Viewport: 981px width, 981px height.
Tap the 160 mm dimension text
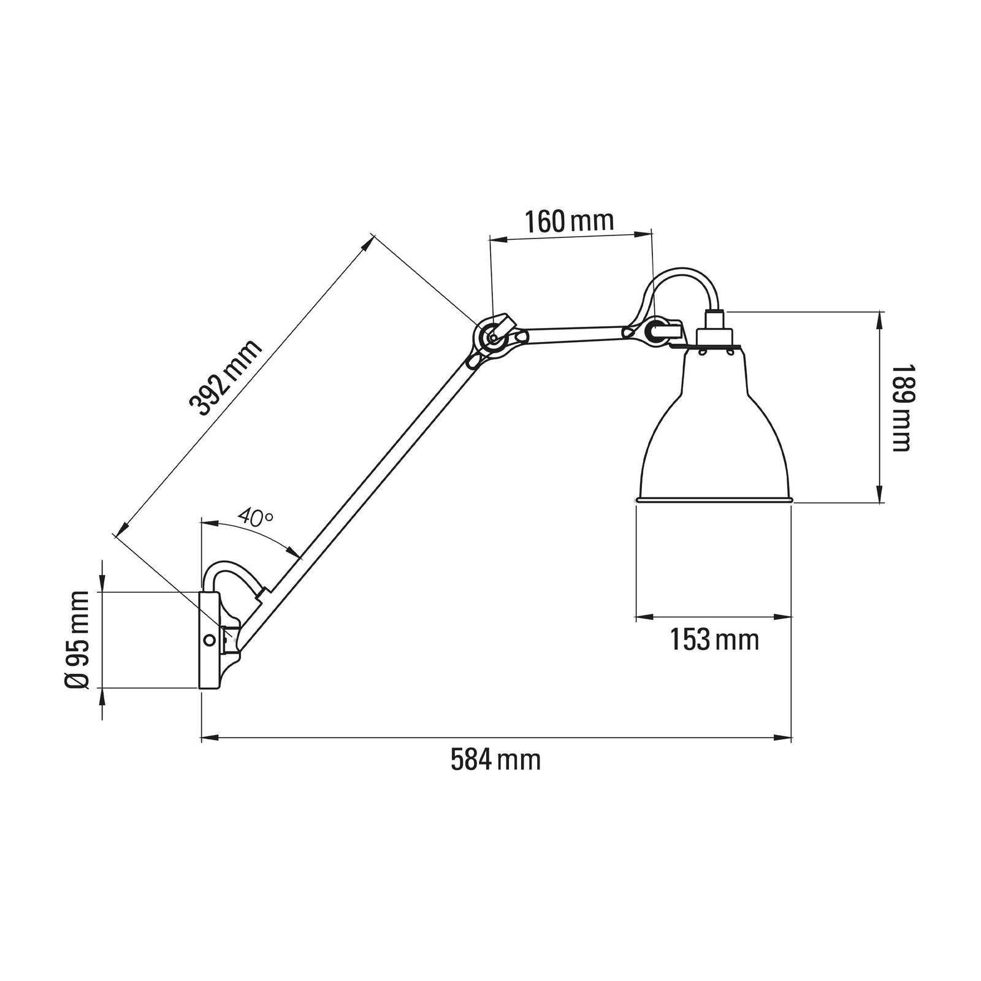(569, 221)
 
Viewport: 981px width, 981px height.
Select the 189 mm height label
(901, 408)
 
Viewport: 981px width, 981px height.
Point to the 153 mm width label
(714, 640)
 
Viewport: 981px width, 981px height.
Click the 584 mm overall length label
(495, 760)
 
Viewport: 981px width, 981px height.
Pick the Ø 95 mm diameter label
(78, 639)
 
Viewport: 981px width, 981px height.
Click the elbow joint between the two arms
(492, 336)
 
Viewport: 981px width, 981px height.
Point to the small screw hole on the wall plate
(209, 639)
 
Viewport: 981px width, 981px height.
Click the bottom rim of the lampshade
(714, 500)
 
